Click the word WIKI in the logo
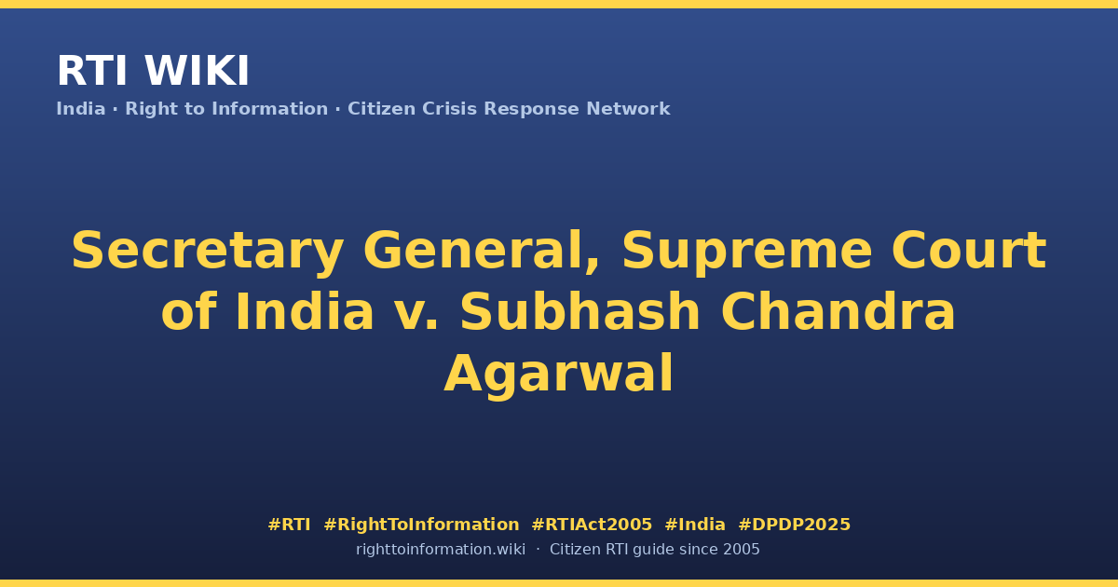(197, 71)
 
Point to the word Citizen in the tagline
(381, 109)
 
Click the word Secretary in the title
(208, 252)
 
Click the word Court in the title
(969, 250)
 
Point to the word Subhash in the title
(580, 311)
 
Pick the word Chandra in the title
(838, 311)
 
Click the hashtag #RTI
(289, 525)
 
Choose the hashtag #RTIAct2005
(592, 525)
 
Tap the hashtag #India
(695, 525)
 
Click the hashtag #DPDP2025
(794, 525)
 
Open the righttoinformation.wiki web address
(441, 550)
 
